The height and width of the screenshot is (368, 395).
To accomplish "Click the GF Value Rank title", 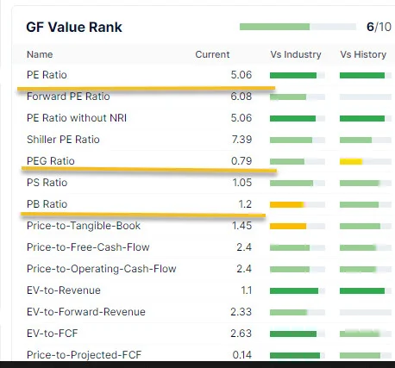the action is (x=74, y=28).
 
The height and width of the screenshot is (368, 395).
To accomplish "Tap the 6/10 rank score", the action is (x=379, y=27).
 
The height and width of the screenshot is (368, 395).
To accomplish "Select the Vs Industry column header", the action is (x=296, y=54).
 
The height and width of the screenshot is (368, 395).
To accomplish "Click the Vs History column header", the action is (x=363, y=54).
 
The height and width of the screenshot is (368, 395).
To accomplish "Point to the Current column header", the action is (x=212, y=54).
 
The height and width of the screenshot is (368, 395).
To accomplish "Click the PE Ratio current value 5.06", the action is (x=241, y=75).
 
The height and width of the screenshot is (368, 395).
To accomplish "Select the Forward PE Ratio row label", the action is (x=68, y=97).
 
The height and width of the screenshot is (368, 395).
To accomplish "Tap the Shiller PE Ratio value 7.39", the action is (x=241, y=140).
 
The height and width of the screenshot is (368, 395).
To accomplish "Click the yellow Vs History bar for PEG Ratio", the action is (x=351, y=162).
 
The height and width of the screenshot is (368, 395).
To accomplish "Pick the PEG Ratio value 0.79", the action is (x=241, y=161).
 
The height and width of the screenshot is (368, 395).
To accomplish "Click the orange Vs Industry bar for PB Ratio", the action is (x=287, y=204).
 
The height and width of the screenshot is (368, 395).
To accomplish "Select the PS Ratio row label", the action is (x=47, y=183).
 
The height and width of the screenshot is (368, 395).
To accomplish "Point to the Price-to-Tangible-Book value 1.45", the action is (x=241, y=226).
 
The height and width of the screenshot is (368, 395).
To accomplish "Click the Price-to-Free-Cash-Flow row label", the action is (x=88, y=247).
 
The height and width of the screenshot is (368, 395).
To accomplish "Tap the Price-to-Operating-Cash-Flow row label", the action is (x=102, y=269).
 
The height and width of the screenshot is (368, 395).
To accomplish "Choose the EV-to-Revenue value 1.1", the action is (x=247, y=290).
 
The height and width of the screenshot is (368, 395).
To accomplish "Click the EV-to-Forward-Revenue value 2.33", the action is (x=241, y=312).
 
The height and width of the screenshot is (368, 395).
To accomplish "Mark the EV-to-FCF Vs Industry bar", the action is (x=293, y=334).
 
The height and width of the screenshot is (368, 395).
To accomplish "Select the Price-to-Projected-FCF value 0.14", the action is (x=242, y=355).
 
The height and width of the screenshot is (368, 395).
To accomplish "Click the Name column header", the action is (x=40, y=54).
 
